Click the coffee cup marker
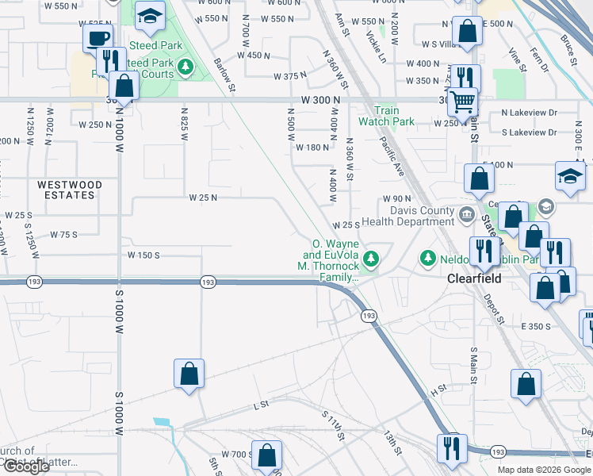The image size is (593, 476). coord(98,37)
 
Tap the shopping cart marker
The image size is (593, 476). coord(462,101)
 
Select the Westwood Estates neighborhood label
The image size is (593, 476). coord(70,190)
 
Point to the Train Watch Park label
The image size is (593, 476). coord(386,116)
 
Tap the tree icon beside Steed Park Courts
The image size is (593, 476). coord(186,66)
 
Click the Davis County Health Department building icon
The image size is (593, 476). coord(466,213)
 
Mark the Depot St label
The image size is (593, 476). coord(496,309)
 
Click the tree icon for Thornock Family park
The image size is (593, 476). coord(370,258)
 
